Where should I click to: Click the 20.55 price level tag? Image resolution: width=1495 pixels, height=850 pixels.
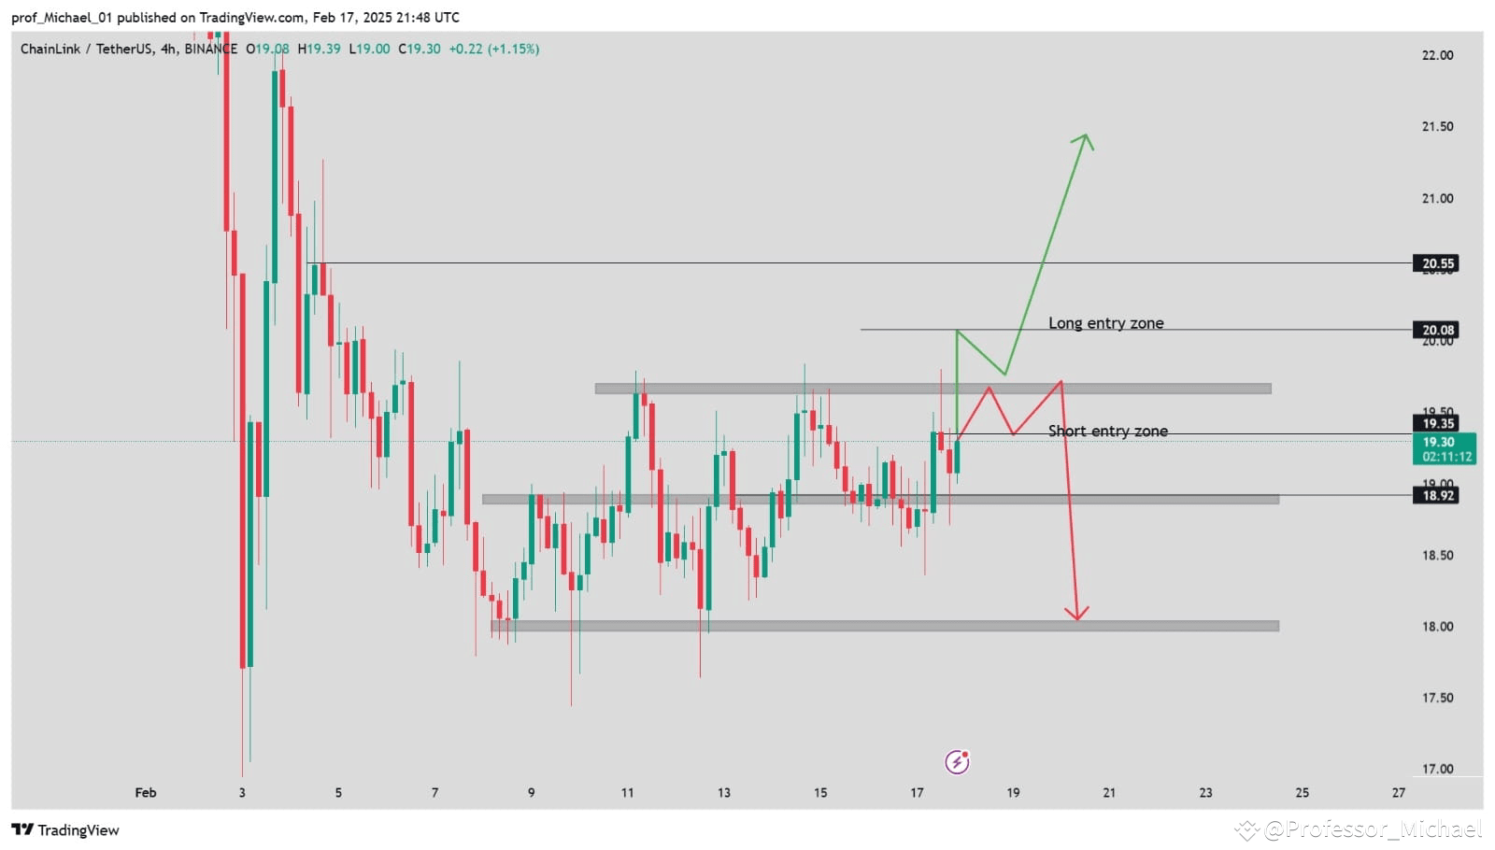tap(1437, 263)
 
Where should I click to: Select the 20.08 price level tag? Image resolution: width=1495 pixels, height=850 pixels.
tap(1437, 330)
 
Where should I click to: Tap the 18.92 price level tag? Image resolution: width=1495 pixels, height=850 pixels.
tap(1437, 495)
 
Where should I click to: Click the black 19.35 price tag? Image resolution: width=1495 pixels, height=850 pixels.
tap(1437, 424)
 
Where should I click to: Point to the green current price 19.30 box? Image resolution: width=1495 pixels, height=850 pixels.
tap(1445, 448)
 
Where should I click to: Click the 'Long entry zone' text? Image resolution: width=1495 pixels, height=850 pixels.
tap(1105, 323)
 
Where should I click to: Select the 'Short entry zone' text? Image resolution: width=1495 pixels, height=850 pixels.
tap(1107, 431)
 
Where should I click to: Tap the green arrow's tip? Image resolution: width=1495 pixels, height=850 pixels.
tap(1086, 135)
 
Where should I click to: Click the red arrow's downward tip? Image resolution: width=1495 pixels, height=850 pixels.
tap(1077, 618)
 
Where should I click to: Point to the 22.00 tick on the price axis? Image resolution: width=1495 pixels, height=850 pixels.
tap(1437, 55)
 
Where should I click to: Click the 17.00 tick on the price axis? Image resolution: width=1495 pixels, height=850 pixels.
tap(1437, 769)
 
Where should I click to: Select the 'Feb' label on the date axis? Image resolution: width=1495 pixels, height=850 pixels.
tap(146, 792)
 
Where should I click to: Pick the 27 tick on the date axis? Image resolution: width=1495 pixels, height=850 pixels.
tap(1398, 792)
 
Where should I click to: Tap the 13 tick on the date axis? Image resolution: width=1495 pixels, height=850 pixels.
tap(723, 792)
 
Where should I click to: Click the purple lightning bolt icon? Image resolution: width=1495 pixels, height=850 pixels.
tap(957, 762)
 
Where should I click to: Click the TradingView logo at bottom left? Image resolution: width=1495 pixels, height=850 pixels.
tap(65, 829)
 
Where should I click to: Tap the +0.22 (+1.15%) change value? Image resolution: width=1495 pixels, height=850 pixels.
tap(493, 49)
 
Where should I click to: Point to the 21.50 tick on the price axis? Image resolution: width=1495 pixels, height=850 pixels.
tap(1437, 126)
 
